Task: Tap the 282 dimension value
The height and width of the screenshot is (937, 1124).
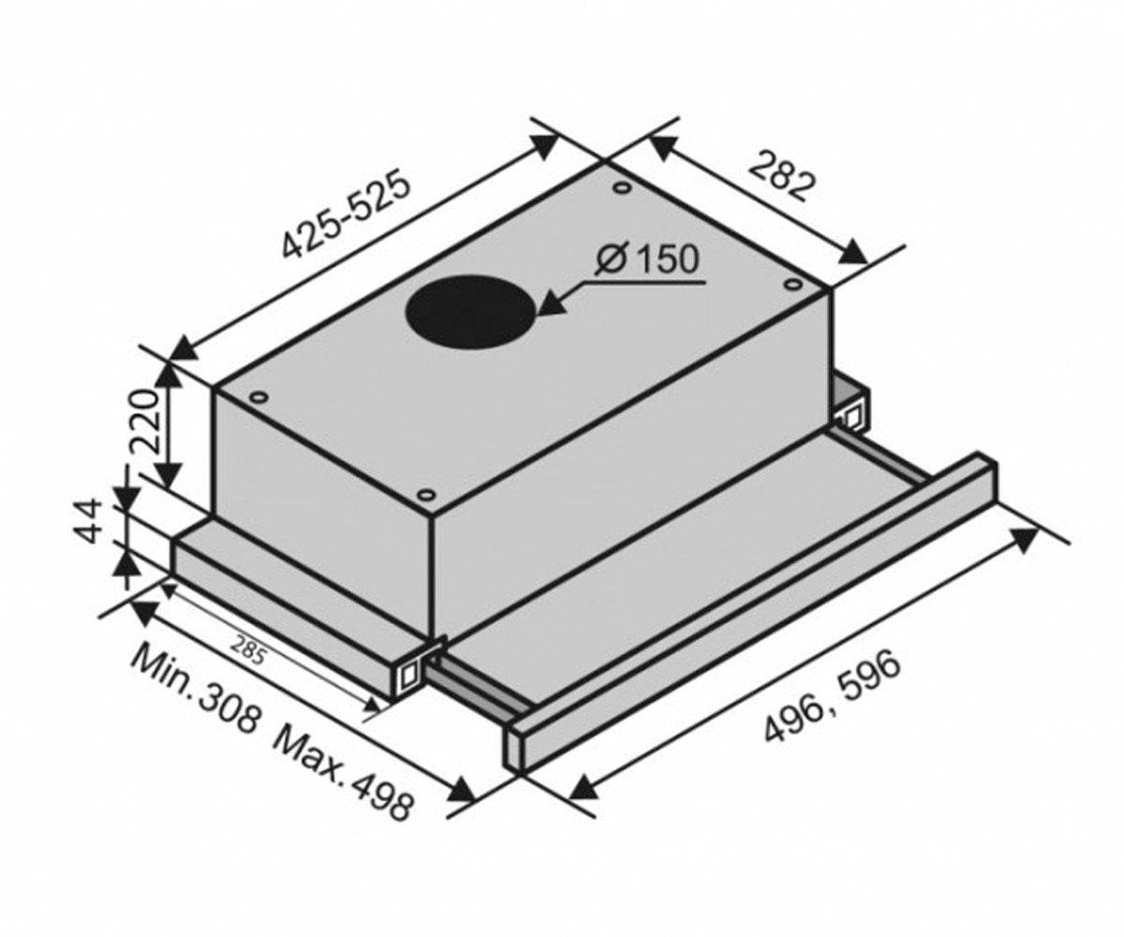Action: (x=779, y=177)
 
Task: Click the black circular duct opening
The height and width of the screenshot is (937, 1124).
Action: (x=468, y=311)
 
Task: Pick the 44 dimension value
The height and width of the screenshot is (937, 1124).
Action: (x=89, y=521)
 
